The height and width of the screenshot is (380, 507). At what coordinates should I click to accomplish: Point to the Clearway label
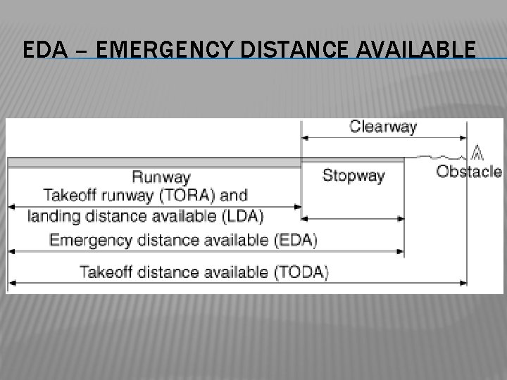[x=383, y=127]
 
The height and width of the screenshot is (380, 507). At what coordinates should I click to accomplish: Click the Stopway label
[x=353, y=176]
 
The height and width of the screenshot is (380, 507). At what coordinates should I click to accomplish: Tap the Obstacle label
[x=469, y=172]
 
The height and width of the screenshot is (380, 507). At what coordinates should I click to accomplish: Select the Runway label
[x=161, y=177]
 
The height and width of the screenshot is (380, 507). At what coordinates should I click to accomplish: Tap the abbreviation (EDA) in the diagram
[x=294, y=240]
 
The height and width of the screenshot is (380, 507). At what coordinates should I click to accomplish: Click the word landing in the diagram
[x=51, y=216]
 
